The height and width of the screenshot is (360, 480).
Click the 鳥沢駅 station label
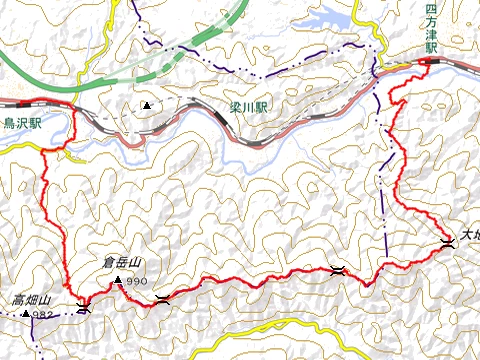(23, 124)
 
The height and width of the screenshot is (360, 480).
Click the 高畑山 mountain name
(31, 299)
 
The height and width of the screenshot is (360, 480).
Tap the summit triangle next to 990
(118, 280)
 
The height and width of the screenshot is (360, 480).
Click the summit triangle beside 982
(25, 314)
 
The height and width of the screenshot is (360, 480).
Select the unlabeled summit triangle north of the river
(147, 105)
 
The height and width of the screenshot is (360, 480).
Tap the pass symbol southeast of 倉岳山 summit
(162, 298)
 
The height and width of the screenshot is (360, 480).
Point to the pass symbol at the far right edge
(448, 242)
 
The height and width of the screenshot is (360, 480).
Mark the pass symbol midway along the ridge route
(337, 269)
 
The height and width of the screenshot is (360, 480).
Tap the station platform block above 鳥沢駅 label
(20, 102)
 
